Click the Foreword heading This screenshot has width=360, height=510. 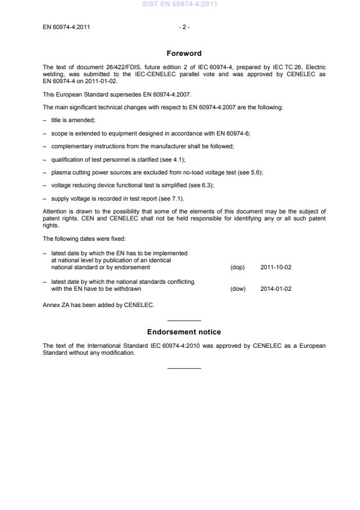point(184,54)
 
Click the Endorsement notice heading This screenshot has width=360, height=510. point(184,332)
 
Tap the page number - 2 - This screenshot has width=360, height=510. point(184,27)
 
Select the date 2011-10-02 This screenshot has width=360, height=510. point(276,268)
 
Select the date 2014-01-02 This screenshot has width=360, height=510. point(276,289)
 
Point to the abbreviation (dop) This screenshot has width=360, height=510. point(238,268)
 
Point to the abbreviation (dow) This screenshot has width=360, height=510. point(238,289)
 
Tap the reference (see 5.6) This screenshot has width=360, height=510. point(249,173)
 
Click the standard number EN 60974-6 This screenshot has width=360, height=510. point(233,133)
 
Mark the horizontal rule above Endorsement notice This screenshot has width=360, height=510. point(184,321)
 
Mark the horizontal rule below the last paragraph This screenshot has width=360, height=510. point(184,368)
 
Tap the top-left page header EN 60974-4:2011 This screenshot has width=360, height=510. point(66,27)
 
